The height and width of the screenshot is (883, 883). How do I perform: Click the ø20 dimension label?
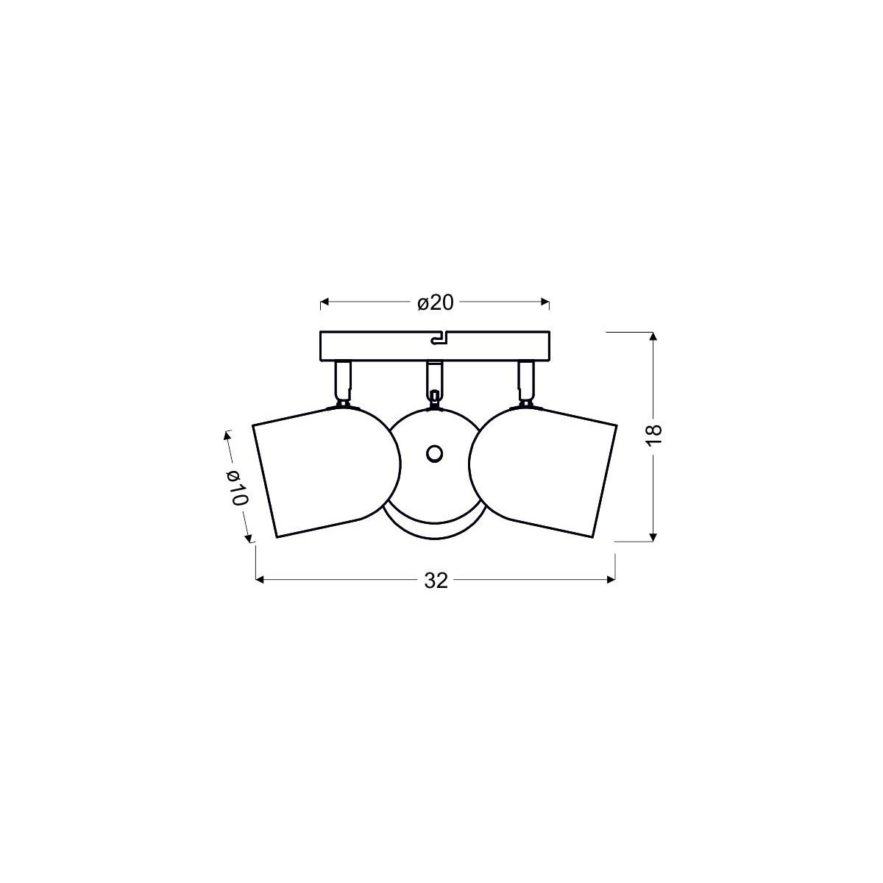click(x=434, y=302)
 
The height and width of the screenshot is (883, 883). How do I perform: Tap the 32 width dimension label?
click(x=436, y=581)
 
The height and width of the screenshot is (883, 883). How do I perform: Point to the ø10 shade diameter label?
click(x=238, y=487)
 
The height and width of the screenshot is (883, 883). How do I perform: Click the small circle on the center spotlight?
click(x=434, y=453)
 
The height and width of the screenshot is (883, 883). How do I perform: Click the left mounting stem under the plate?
click(x=341, y=378)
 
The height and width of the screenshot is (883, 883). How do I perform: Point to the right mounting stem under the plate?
click(x=526, y=378)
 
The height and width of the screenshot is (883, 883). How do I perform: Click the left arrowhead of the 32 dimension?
click(x=259, y=580)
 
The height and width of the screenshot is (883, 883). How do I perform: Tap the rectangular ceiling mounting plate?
click(x=383, y=346)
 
